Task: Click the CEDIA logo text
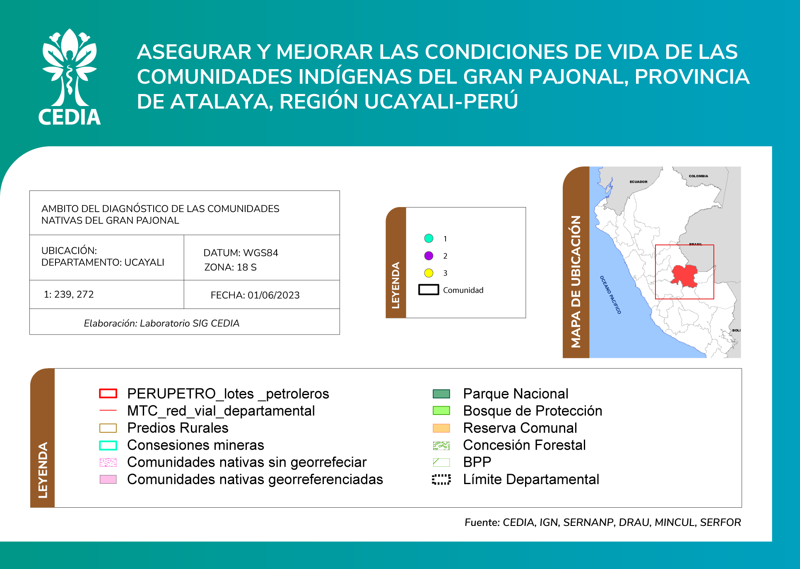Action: point(70,117)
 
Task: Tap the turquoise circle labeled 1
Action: point(429,238)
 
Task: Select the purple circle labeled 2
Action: point(429,256)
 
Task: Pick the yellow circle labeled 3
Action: point(429,273)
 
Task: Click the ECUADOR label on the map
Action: point(639,182)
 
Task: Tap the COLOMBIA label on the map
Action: point(699,176)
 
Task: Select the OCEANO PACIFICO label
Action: point(610,295)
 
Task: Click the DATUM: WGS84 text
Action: point(241,253)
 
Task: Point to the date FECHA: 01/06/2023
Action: point(255,295)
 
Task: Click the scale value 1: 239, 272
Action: point(69,294)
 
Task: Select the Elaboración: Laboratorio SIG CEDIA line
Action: point(161,323)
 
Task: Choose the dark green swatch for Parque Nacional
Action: point(441,393)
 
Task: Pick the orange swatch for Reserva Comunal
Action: point(441,428)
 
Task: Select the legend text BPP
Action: point(477,462)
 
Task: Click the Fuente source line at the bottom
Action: point(603,523)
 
